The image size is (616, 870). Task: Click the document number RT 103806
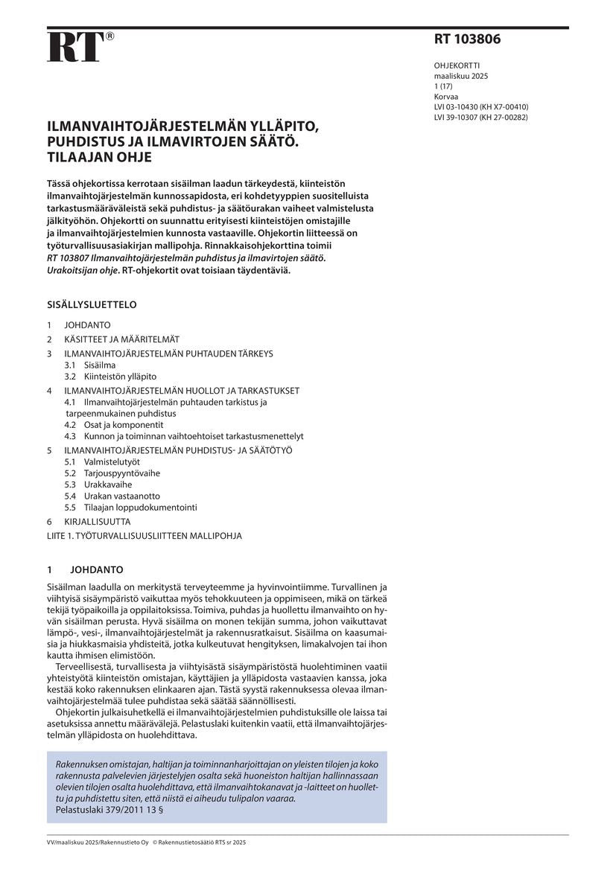pyautogui.click(x=467, y=40)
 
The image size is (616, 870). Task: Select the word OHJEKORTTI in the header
pyautogui.click(x=457, y=65)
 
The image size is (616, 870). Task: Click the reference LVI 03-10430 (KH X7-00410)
pyautogui.click(x=481, y=106)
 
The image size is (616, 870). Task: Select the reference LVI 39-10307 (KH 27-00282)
pyautogui.click(x=481, y=117)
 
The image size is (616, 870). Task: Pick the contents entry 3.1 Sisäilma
pyautogui.click(x=90, y=365)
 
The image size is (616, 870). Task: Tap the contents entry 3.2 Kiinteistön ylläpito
pyautogui.click(x=110, y=377)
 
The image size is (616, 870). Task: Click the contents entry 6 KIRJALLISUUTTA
pyautogui.click(x=88, y=522)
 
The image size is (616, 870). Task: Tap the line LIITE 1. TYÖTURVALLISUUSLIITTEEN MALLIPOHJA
pyautogui.click(x=145, y=535)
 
